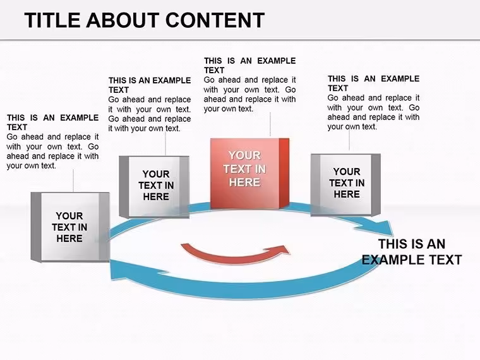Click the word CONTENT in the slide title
[x=215, y=20]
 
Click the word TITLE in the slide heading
[x=52, y=20]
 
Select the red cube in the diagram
[x=249, y=174]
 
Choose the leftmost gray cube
[x=70, y=227]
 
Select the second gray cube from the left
[x=154, y=187]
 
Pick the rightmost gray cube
[x=345, y=185]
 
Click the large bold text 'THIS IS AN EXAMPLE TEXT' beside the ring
[x=412, y=251]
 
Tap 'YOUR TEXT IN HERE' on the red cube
[x=244, y=169]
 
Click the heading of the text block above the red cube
[x=250, y=66]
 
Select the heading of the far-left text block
[x=52, y=123]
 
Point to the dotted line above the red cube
[x=270, y=124]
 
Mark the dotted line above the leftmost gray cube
[x=73, y=181]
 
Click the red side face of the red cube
[x=284, y=173]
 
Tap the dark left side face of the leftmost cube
[x=36, y=227]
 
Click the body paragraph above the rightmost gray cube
[x=373, y=112]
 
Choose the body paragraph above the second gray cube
[x=150, y=114]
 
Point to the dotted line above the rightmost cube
[x=349, y=140]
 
